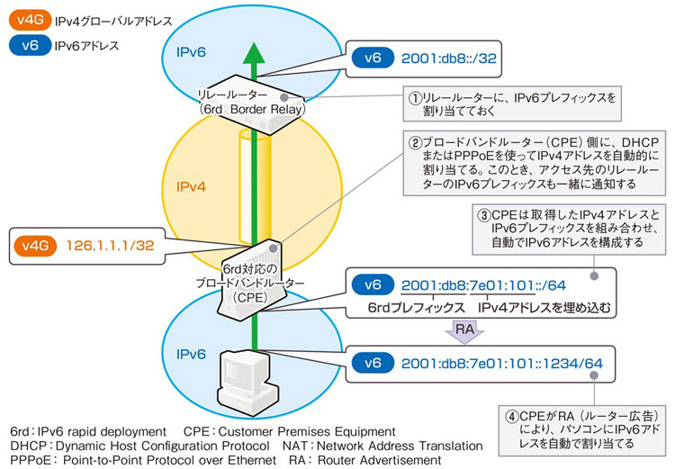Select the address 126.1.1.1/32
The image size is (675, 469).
pos(112,244)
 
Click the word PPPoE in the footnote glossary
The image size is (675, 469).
pos(29,460)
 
